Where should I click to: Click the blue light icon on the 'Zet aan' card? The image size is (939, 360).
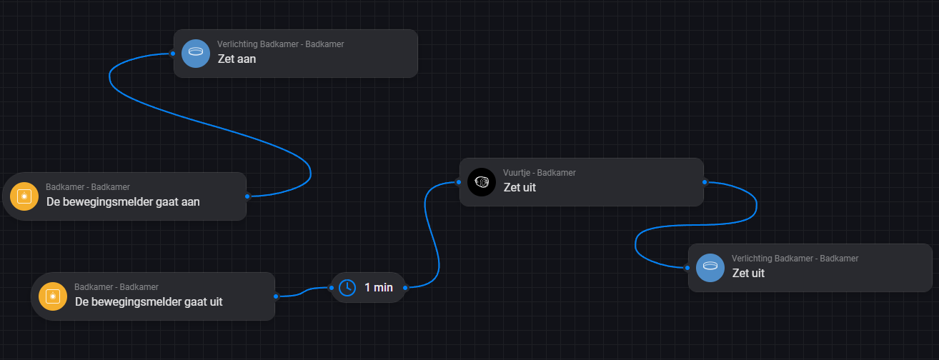pos(195,53)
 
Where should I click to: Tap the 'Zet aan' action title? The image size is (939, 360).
pos(237,59)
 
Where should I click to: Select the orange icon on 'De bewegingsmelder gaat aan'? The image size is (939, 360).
pos(24,196)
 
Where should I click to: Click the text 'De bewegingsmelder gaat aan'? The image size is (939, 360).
pos(123,202)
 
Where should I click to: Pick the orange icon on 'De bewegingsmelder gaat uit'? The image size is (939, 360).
pos(52,296)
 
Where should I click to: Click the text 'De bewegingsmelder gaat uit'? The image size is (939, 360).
pos(149,302)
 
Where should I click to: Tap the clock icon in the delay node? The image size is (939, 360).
pos(347,287)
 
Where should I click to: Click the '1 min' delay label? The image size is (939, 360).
pos(379,288)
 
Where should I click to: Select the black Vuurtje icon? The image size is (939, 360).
pos(481,181)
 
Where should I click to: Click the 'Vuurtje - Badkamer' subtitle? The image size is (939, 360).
pos(540,173)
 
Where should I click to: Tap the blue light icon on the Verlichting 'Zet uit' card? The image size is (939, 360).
pos(710,267)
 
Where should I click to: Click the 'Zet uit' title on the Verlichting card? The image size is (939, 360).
pos(748,274)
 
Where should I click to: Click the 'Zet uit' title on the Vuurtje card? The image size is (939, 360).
pos(520,188)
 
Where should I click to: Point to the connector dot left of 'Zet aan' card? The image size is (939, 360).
pos(173,53)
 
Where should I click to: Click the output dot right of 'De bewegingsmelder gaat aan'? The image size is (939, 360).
pos(247,196)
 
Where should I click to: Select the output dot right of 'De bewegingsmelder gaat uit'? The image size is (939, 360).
pos(276,296)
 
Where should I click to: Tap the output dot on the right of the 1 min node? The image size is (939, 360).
pos(405,287)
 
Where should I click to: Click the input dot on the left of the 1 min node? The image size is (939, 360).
pos(332,288)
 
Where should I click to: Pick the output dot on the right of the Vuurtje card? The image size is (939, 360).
pos(705,181)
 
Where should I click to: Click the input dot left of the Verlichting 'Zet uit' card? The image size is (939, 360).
pos(687,269)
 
